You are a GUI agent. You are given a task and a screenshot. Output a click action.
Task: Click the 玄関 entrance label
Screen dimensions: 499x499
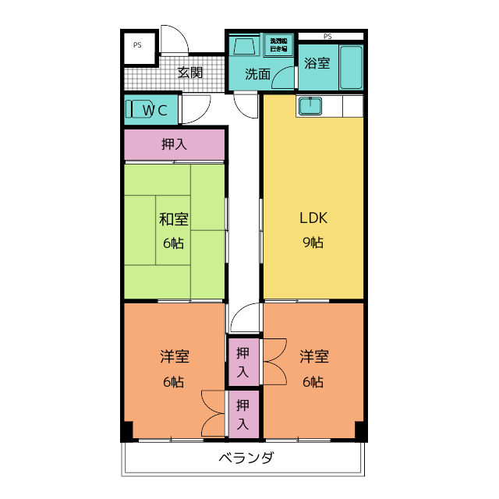click(x=189, y=73)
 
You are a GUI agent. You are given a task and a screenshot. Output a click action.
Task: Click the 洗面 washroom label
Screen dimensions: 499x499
click(x=257, y=75)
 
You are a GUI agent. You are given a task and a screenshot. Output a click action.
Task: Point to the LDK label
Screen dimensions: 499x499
click(x=313, y=218)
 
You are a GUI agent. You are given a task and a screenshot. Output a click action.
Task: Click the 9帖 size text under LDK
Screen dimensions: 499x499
click(x=313, y=242)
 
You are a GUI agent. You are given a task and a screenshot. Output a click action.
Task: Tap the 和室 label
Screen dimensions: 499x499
click(x=174, y=219)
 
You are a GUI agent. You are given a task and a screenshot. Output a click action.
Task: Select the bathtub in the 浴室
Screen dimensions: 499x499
click(x=352, y=66)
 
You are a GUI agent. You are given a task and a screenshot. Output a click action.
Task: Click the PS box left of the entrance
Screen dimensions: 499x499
click(x=137, y=45)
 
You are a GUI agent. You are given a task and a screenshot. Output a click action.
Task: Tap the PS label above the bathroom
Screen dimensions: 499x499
click(x=327, y=36)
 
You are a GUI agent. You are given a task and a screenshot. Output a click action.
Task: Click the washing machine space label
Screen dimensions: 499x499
click(x=278, y=44)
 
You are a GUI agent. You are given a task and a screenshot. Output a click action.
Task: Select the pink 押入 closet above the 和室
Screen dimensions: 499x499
click(x=174, y=144)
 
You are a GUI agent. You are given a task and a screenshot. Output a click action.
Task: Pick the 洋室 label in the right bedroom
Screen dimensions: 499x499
click(x=313, y=357)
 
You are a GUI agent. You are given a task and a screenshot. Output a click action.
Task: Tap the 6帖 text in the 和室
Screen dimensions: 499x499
click(x=174, y=242)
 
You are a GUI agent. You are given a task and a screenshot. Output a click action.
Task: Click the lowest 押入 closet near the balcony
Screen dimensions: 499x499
click(x=242, y=414)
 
